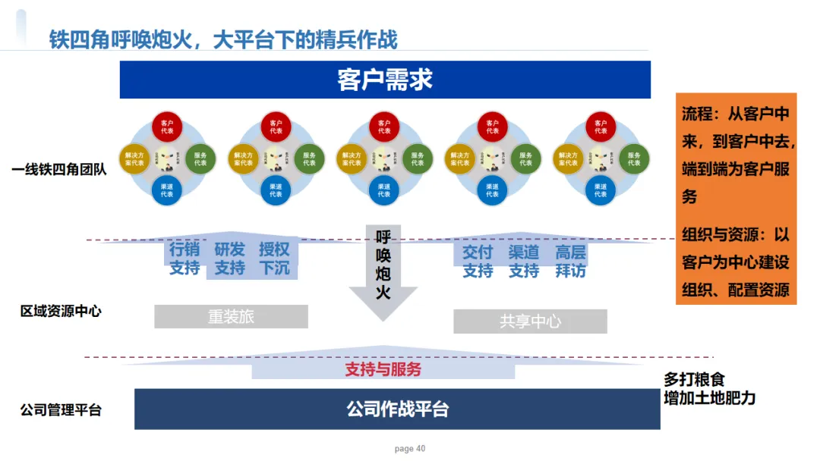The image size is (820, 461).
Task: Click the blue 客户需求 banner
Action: point(385,80)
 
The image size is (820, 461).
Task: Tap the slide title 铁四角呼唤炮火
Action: point(223,39)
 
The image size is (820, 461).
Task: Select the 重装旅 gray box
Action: point(231,317)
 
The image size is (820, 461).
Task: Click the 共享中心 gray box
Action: point(530,321)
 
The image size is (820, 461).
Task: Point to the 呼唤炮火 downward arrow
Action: point(383,269)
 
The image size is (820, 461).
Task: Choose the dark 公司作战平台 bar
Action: point(397,409)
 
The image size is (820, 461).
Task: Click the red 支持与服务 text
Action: point(383,369)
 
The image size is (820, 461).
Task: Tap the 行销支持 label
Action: point(184,259)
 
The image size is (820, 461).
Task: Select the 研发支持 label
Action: point(229,259)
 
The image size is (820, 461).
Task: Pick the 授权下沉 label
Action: point(274,259)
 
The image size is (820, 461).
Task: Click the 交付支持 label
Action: point(478,261)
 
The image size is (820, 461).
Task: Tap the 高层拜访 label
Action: point(570,261)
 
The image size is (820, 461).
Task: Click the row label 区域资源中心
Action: point(61,311)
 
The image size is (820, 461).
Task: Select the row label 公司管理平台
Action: point(61,410)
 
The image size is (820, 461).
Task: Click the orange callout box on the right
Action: point(736,199)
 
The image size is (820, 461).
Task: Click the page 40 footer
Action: point(410,449)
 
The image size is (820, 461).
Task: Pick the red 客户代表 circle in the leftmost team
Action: point(168,127)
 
